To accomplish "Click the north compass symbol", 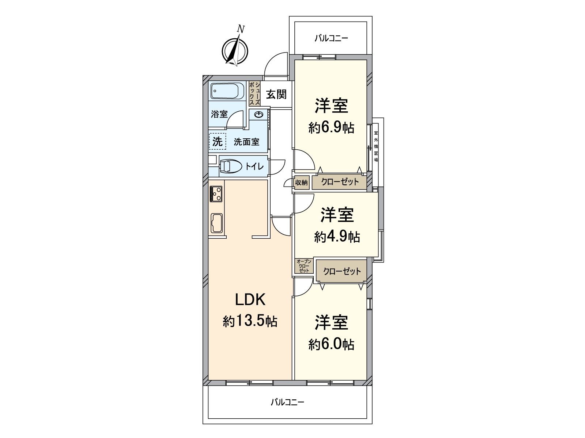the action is click(x=235, y=49).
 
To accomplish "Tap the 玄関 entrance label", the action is click(x=276, y=95).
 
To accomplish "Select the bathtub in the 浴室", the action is click(x=228, y=91).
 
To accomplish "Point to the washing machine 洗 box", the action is click(x=217, y=142).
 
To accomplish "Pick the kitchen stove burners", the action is click(x=216, y=194).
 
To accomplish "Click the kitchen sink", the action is click(x=217, y=223).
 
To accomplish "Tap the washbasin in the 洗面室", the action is click(x=259, y=114).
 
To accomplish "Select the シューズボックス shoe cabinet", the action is click(x=254, y=93).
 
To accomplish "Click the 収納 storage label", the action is click(x=301, y=182).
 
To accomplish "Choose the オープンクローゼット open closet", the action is click(x=304, y=266).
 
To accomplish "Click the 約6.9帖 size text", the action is click(x=331, y=128).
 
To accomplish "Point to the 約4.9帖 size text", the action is click(x=337, y=237).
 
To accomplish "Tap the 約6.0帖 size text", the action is click(x=331, y=345).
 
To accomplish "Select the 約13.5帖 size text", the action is click(x=250, y=322).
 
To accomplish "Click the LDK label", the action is click(x=250, y=300).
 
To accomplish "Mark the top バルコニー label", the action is click(x=331, y=39).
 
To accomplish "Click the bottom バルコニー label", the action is click(x=287, y=409).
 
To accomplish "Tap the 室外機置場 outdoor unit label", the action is click(x=376, y=146).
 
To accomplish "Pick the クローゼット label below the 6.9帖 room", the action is click(x=340, y=182).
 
